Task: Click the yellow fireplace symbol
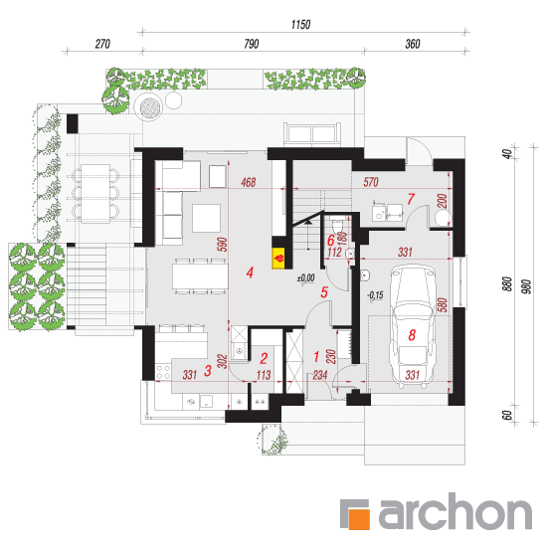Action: (x=278, y=259)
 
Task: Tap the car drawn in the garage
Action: (x=412, y=326)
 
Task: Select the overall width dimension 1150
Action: (x=300, y=25)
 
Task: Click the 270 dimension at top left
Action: (x=102, y=44)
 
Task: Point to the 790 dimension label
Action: (x=252, y=44)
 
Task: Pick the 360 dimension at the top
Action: (x=413, y=44)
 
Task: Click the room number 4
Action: (x=250, y=273)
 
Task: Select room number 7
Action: (x=411, y=199)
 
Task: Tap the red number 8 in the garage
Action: (x=412, y=335)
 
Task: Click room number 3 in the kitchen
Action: (x=208, y=371)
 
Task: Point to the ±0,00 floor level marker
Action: (x=305, y=279)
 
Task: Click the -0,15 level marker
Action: (x=375, y=296)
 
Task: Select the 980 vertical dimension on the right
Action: (x=527, y=286)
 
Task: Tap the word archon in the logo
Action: (x=456, y=511)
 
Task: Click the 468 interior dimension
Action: (x=248, y=182)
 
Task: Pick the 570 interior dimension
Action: (x=371, y=182)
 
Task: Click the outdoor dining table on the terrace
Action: (x=95, y=193)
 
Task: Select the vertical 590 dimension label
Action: (x=222, y=245)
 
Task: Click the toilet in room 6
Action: (x=338, y=227)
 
